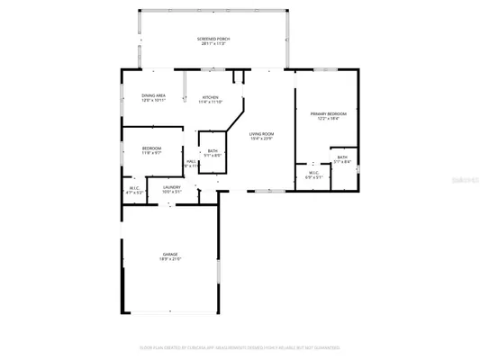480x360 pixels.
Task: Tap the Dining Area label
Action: pos(153,94)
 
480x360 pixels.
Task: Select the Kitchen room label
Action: pos(211,96)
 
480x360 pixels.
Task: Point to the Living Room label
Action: pos(262,134)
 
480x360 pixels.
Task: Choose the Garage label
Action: pos(170,256)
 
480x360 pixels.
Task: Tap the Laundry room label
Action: pos(171,187)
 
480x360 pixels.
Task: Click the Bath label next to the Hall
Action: pos(213,150)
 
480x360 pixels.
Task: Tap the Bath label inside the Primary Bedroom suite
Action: pos(342,157)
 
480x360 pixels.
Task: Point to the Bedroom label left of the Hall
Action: pos(151,148)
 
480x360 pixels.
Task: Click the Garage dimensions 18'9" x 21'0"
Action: pos(170,261)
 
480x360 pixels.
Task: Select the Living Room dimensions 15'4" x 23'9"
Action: pos(262,139)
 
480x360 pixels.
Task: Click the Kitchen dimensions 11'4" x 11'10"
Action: pos(211,102)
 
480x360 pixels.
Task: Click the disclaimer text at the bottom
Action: pos(240,346)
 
